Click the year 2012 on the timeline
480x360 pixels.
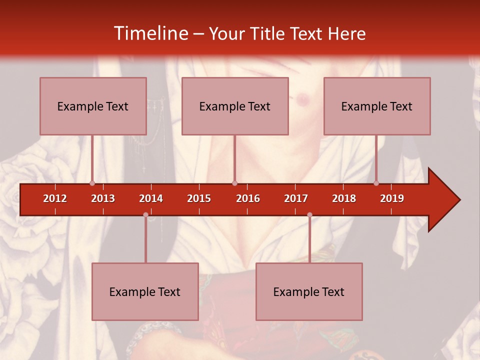tap(55, 198)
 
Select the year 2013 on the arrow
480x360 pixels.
tap(103, 198)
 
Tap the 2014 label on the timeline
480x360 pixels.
tap(151, 198)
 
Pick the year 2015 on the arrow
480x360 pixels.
tap(199, 198)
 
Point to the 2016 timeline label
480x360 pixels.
tap(248, 198)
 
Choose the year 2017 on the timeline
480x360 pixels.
tap(296, 198)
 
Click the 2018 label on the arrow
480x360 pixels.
tap(344, 198)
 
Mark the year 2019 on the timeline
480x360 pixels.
tap(392, 198)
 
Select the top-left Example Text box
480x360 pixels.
tap(93, 106)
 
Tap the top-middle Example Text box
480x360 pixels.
tap(235, 106)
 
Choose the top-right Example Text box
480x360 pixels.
tap(377, 106)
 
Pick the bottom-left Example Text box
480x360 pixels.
tap(145, 291)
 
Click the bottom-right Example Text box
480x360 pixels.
tap(309, 291)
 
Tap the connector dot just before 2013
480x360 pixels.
tap(92, 183)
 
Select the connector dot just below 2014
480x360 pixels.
tap(145, 215)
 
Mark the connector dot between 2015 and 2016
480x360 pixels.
tap(234, 183)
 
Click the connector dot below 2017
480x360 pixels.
tap(309, 215)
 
